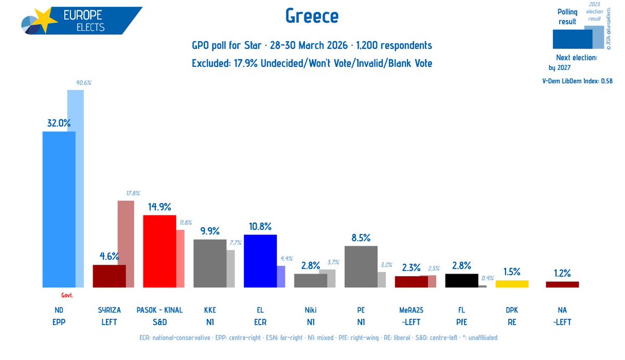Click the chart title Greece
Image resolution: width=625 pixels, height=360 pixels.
click(x=312, y=16)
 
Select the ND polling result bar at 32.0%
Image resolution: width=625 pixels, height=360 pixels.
click(x=58, y=208)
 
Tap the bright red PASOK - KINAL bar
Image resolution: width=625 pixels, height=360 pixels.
click(x=160, y=251)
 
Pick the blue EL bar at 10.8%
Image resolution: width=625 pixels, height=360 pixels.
click(x=260, y=260)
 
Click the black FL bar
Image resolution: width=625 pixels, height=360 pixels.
click(x=461, y=280)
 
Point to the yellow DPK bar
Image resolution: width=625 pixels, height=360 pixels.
click(x=511, y=283)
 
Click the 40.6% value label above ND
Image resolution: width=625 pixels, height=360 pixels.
click(x=76, y=82)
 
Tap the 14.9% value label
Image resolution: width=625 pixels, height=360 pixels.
click(x=160, y=206)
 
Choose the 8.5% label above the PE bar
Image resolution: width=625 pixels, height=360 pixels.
click(x=361, y=238)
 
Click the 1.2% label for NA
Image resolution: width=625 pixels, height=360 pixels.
click(x=562, y=273)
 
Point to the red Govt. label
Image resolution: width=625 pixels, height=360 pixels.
click(x=67, y=295)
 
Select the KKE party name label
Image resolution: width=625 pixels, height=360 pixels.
click(x=210, y=310)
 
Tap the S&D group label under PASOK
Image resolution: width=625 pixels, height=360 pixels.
click(x=160, y=322)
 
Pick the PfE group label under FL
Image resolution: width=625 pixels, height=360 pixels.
click(x=461, y=322)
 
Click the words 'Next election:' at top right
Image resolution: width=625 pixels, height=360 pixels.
click(x=576, y=57)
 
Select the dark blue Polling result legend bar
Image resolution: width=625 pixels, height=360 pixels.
click(x=571, y=39)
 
